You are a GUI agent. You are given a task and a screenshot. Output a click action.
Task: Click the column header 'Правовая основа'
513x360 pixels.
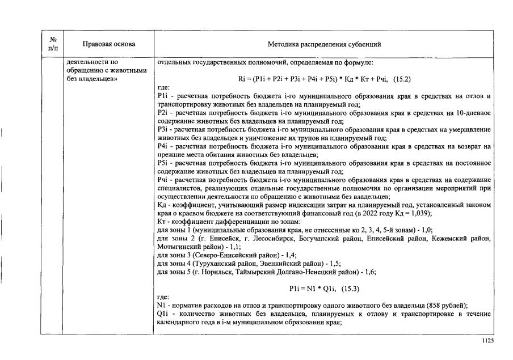click(x=109, y=44)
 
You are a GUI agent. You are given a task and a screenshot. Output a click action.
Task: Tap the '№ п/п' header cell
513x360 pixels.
click(x=52, y=44)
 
